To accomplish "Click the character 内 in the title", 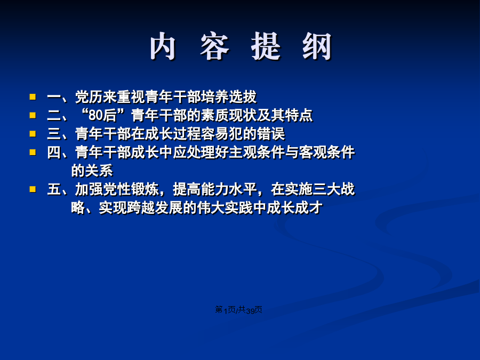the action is [163, 46].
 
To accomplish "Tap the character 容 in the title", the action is [214, 46].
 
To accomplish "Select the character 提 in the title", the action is [266, 46].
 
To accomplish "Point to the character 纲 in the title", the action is [317, 46].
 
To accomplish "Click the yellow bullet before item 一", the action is [33, 97].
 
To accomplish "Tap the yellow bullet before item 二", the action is [33, 115].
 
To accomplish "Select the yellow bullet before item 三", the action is [33, 134].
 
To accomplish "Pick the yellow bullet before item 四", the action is [33, 152].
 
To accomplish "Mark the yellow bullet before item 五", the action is [33, 189].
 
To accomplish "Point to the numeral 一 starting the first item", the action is [54, 98].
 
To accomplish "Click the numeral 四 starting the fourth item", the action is [54, 153].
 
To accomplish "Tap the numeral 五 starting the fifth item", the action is [54, 189].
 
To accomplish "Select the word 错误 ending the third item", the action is [271, 134].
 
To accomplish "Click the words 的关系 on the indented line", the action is [92, 171].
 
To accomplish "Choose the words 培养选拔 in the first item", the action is [229, 97].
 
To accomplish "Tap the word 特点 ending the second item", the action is [299, 116].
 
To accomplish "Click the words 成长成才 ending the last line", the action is [295, 208].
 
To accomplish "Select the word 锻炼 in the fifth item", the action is [145, 189].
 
